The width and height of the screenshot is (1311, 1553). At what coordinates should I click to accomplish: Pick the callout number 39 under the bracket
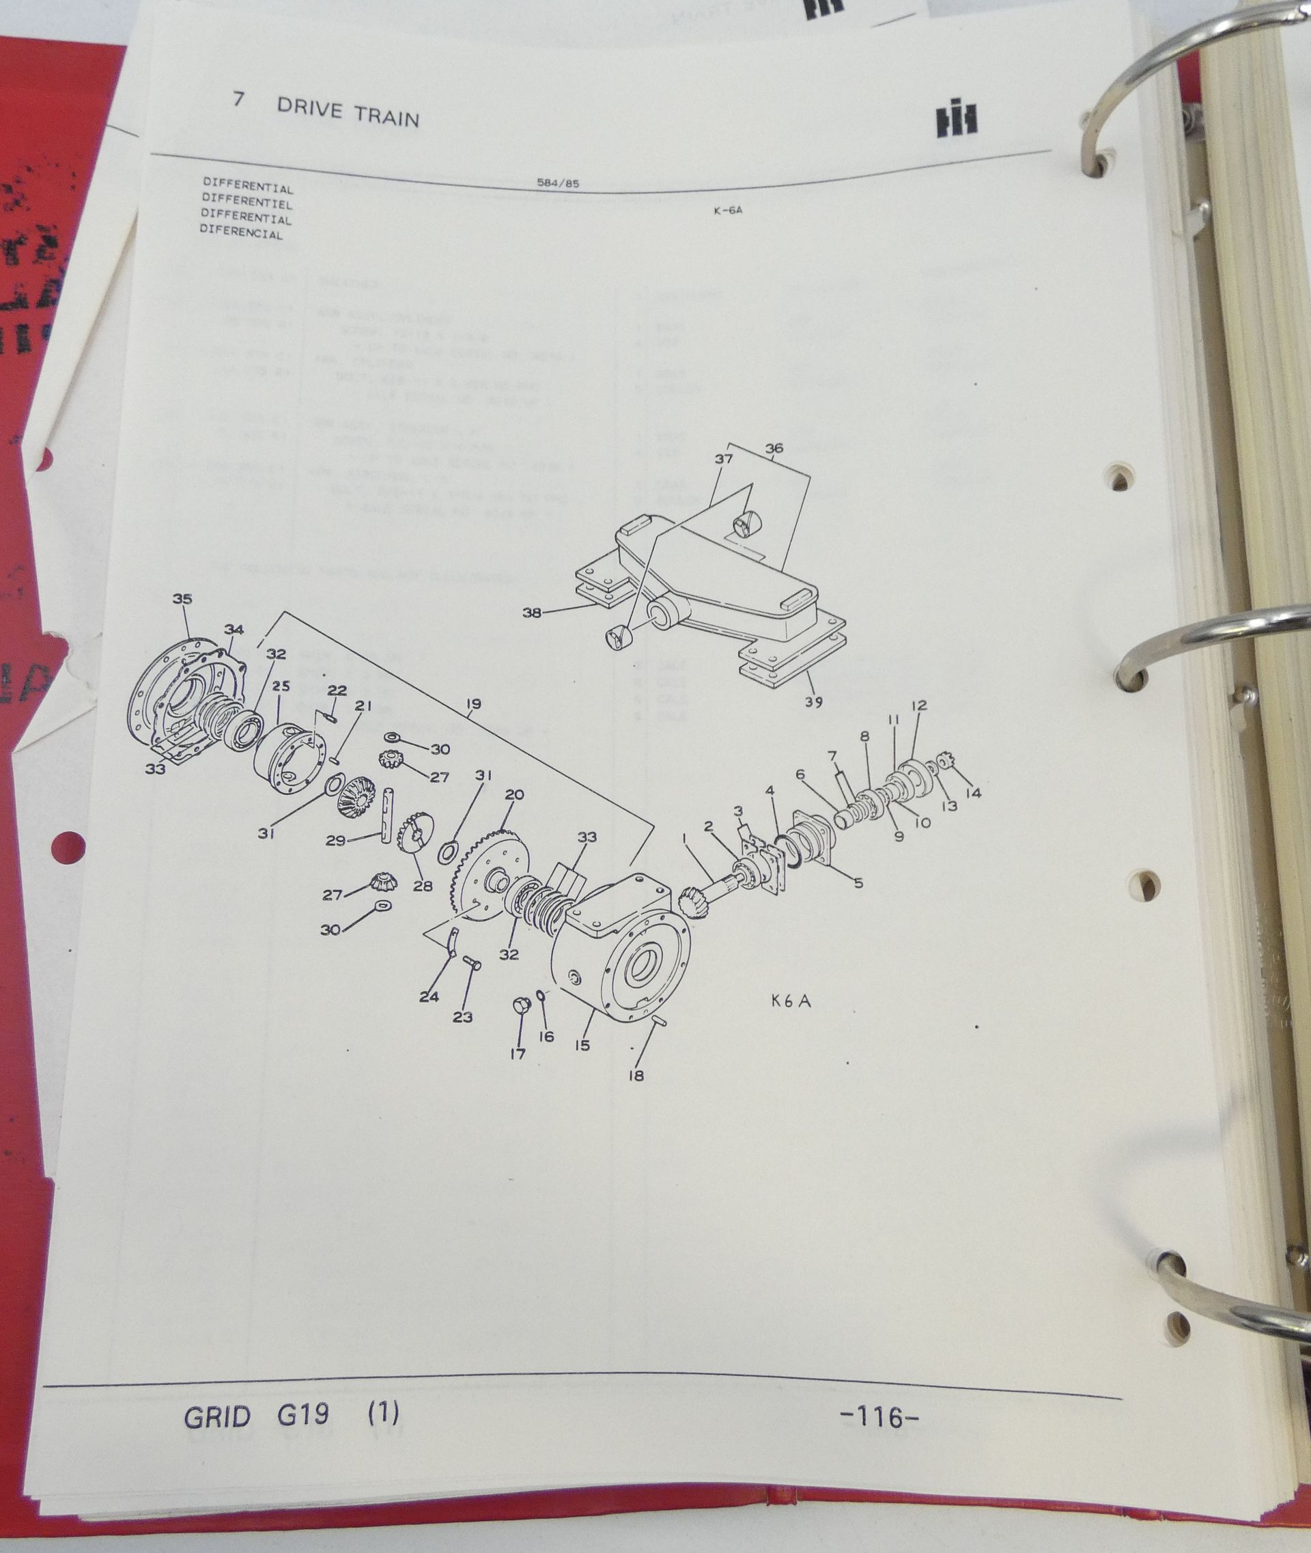pyautogui.click(x=814, y=702)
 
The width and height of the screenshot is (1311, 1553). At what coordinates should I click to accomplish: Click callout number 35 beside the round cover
pyautogui.click(x=182, y=599)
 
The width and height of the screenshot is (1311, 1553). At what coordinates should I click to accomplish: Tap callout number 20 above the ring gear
pyautogui.click(x=514, y=795)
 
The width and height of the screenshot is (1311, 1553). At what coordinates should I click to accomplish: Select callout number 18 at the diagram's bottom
pyautogui.click(x=636, y=1075)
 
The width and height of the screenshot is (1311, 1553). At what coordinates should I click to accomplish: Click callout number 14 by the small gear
pyautogui.click(x=974, y=793)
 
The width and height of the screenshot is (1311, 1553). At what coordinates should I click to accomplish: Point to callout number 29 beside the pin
pyautogui.click(x=335, y=841)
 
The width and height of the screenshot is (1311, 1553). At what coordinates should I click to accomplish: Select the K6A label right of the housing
pyautogui.click(x=791, y=1001)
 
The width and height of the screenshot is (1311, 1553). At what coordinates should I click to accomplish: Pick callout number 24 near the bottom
pyautogui.click(x=429, y=998)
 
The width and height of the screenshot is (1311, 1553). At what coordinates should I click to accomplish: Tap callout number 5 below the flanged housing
pyautogui.click(x=858, y=884)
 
